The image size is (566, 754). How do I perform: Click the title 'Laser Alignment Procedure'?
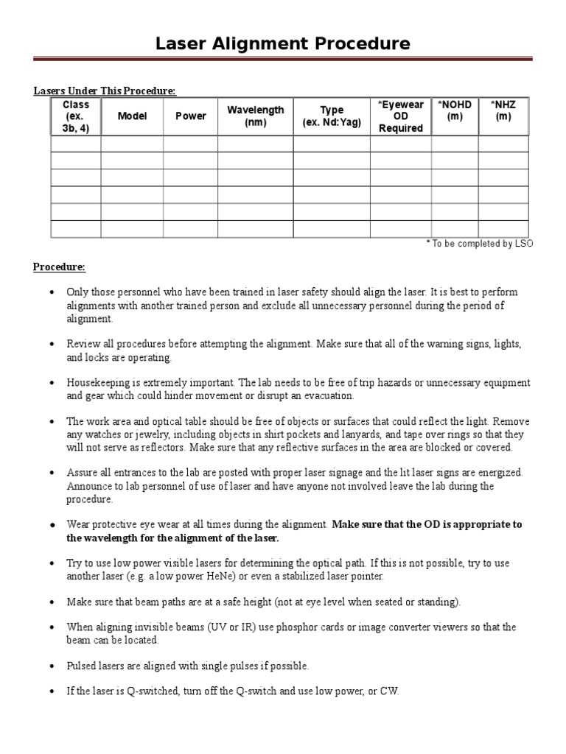(x=283, y=43)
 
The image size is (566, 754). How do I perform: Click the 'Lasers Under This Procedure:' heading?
(x=105, y=91)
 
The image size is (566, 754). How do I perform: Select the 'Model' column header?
(x=132, y=116)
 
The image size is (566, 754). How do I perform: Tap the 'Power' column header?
(x=190, y=116)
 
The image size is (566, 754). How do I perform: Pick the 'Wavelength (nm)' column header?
(x=255, y=116)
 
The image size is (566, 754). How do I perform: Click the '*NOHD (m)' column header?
(x=454, y=110)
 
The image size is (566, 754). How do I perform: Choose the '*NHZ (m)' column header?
(x=503, y=110)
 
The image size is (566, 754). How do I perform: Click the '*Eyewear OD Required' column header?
(x=400, y=116)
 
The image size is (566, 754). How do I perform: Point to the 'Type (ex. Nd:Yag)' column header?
(x=332, y=116)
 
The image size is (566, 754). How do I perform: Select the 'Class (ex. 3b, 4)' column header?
(x=76, y=116)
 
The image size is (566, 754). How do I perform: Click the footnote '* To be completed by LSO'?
(x=479, y=244)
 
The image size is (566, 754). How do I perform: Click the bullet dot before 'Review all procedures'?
(x=52, y=345)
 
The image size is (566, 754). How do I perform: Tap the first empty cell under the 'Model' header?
(x=132, y=144)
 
